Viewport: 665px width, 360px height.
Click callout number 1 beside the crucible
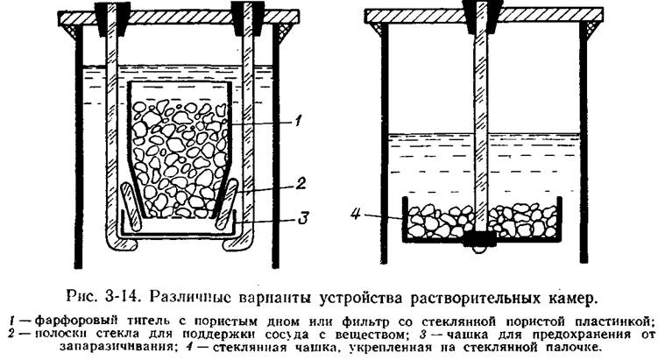298,122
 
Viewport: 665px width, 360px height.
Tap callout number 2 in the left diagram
300,183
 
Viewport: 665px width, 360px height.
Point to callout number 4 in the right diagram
355,214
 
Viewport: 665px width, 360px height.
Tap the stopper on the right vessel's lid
481,16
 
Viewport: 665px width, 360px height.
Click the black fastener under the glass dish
479,240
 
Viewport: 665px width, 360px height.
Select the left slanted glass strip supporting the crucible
131,207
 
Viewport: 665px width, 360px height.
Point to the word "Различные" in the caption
191,296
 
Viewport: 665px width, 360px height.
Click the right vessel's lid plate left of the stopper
414,15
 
